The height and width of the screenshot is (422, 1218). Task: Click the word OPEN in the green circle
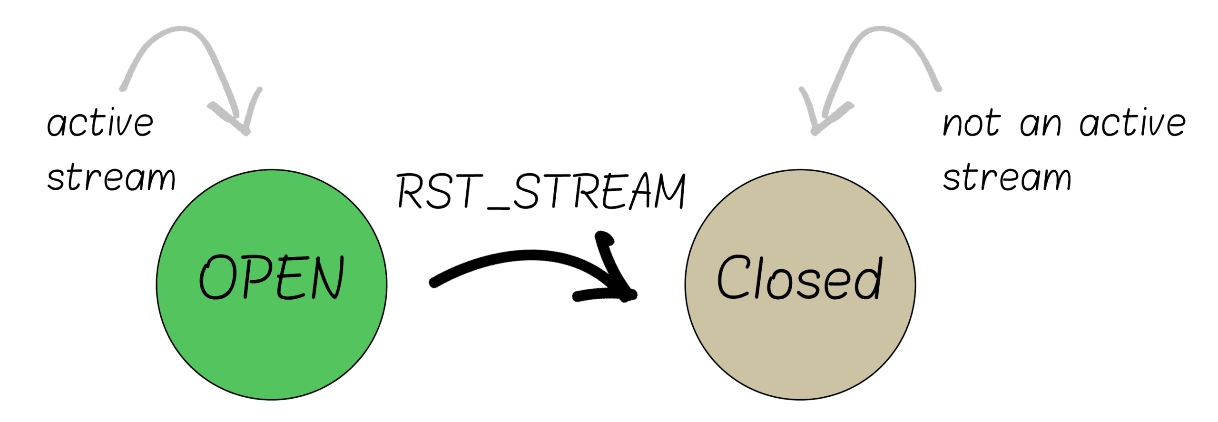point(271,277)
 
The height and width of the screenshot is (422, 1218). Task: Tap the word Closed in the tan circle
point(799,278)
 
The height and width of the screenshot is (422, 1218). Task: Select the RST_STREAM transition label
point(541,191)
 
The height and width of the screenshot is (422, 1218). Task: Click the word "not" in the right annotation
point(972,124)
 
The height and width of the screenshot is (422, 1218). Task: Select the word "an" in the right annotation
point(1041,125)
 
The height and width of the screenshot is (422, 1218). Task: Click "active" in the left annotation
point(100,124)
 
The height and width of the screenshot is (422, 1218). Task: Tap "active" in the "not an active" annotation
point(1132,124)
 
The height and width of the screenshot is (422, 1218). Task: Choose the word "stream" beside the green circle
point(111,178)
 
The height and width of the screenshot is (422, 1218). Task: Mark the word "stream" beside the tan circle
point(1007,178)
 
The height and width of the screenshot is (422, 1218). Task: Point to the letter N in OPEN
point(327,277)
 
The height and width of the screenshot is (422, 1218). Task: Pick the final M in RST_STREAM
point(669,191)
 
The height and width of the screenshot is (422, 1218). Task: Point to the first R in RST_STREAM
point(409,191)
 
